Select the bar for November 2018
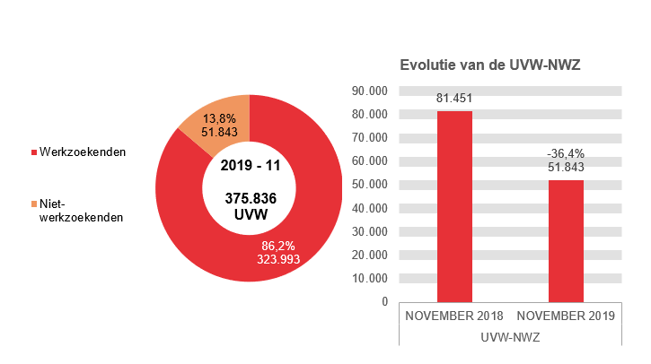(454, 206)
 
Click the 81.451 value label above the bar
(454, 99)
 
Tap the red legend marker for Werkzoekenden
(34, 152)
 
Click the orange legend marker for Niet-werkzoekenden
(34, 204)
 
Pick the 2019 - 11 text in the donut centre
(250, 166)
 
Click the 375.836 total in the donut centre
(250, 198)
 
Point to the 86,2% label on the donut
(277, 245)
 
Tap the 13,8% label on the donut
(219, 117)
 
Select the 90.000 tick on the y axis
(369, 91)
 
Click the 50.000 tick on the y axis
(369, 184)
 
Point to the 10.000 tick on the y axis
(369, 278)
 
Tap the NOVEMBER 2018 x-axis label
(454, 316)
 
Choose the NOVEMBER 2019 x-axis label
(566, 316)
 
